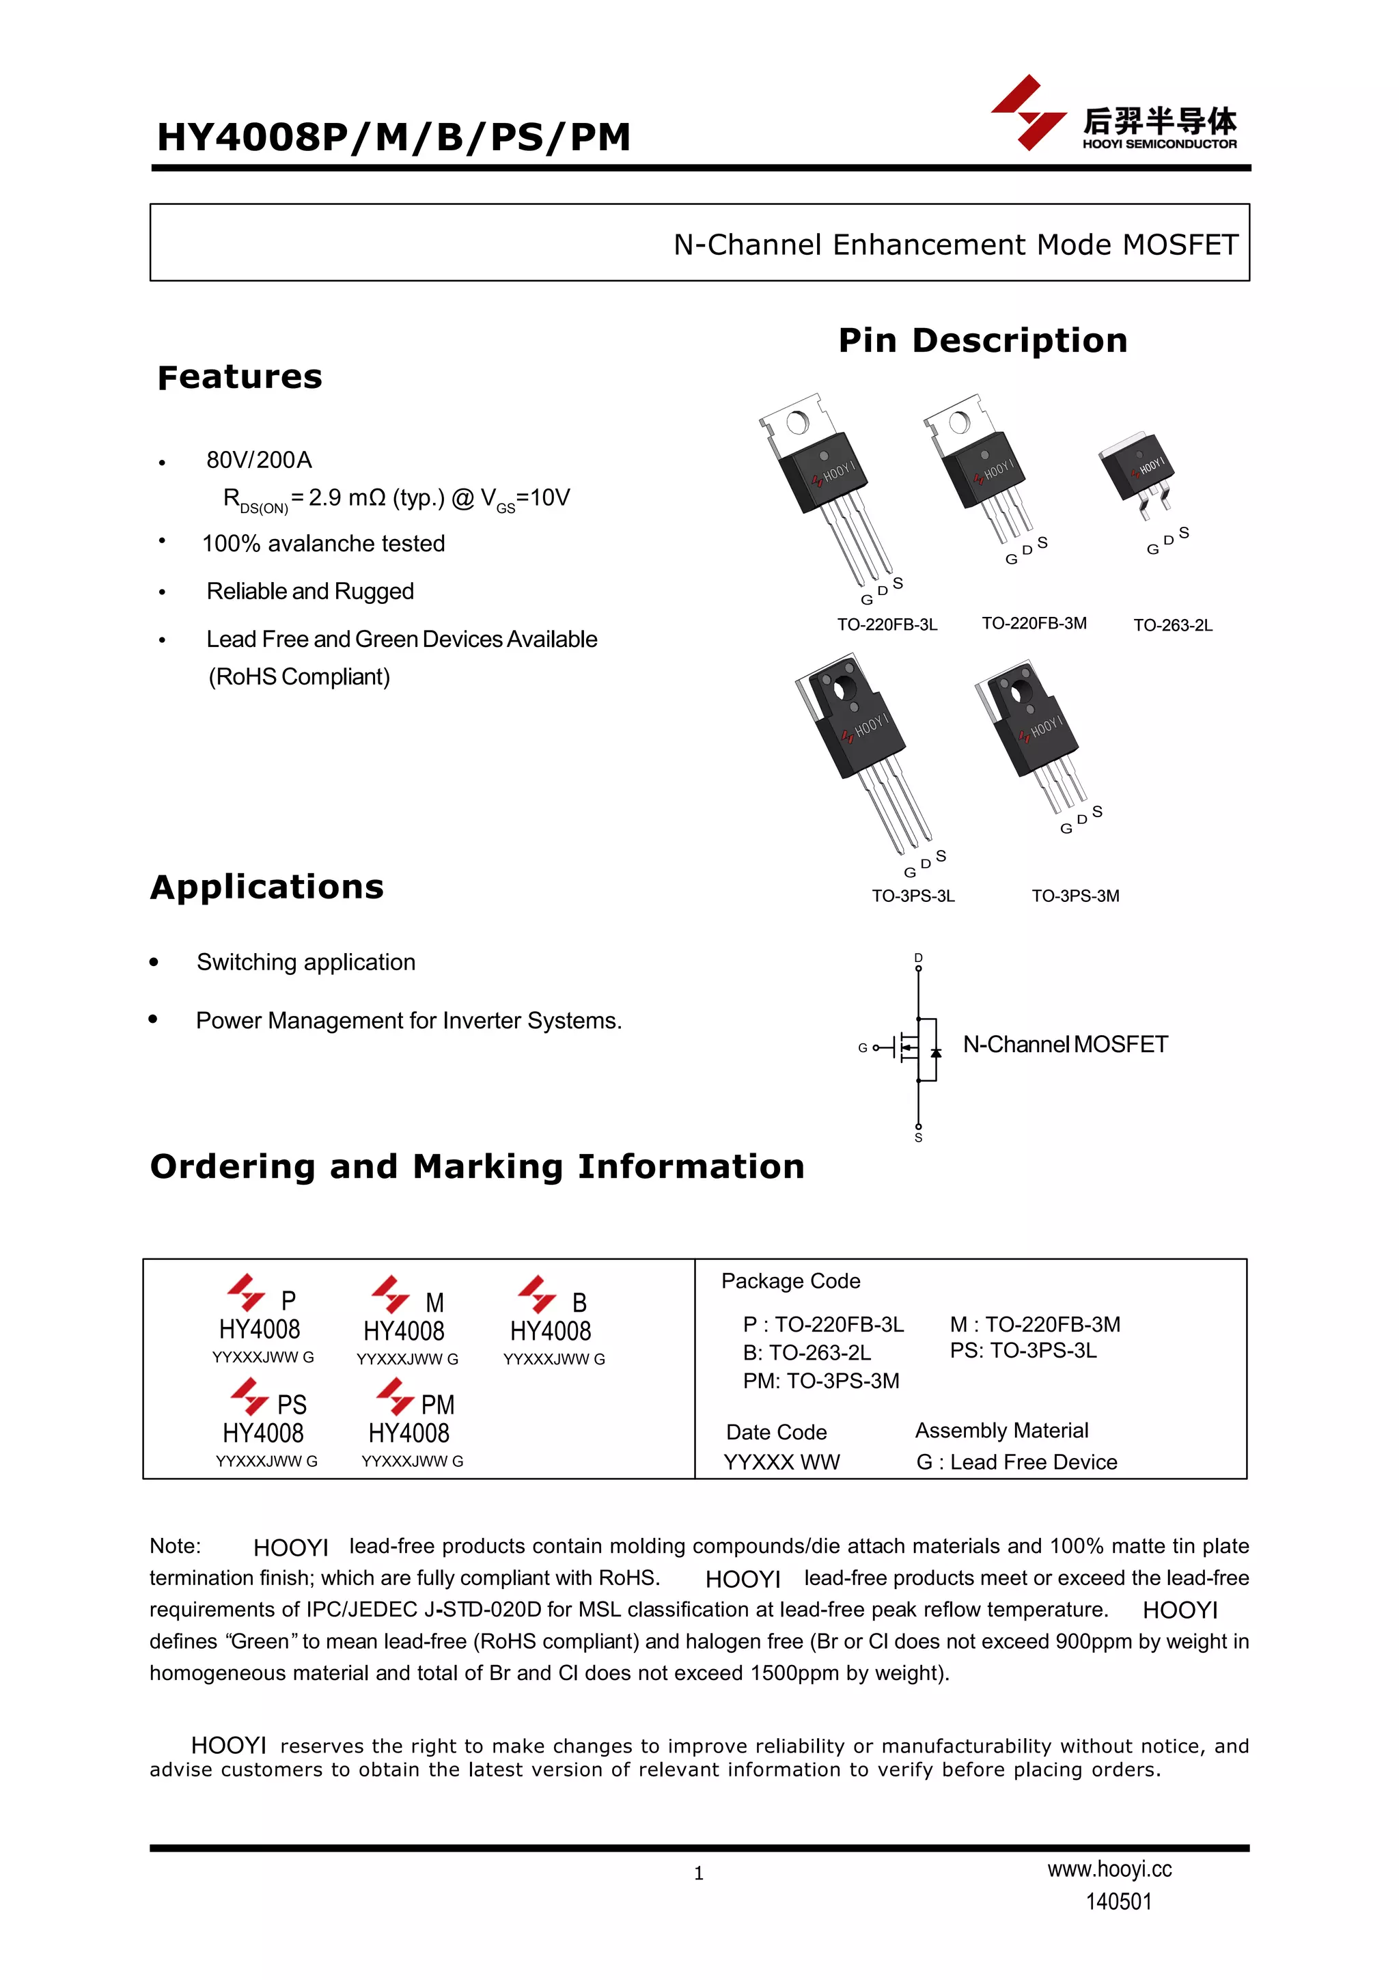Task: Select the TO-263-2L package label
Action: tap(1172, 625)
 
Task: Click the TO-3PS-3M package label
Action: tap(1075, 896)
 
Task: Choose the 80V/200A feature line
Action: tap(259, 460)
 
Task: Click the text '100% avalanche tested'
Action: tap(323, 543)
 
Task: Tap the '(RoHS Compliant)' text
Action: tap(299, 677)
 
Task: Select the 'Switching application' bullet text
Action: tap(305, 963)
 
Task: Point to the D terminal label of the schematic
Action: tap(918, 957)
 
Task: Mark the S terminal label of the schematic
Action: tap(918, 1138)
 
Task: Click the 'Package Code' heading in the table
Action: tap(790, 1280)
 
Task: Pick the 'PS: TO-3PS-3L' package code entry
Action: tap(1023, 1351)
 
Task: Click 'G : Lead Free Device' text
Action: tap(1016, 1461)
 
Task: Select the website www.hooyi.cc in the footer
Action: tap(1109, 1869)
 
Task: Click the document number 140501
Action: tap(1118, 1901)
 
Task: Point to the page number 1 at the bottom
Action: tap(698, 1873)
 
